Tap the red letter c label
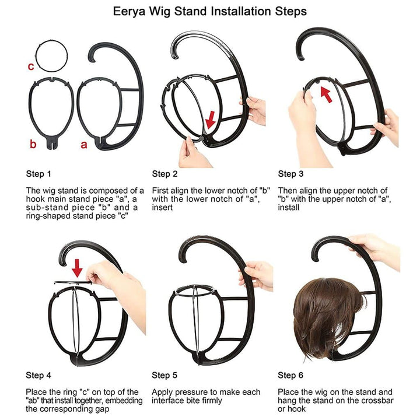(x=31, y=66)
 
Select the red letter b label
(x=33, y=144)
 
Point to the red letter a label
(x=84, y=145)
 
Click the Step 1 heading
(x=38, y=174)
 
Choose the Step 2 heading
(x=164, y=174)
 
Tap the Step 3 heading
(x=290, y=174)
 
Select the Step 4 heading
(x=38, y=375)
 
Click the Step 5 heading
(x=164, y=375)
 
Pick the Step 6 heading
(x=290, y=375)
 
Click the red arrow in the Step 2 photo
(x=211, y=120)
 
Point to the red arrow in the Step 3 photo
(x=326, y=94)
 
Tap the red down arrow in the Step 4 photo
(x=77, y=268)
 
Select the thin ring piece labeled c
(x=51, y=41)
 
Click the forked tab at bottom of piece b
(x=51, y=143)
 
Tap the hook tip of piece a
(x=92, y=60)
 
